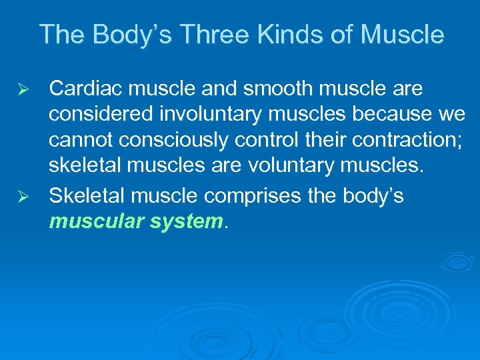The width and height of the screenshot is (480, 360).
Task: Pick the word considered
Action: (97, 115)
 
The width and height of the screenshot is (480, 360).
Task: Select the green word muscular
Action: (95, 221)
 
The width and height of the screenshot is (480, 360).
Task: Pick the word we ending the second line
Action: (451, 115)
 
